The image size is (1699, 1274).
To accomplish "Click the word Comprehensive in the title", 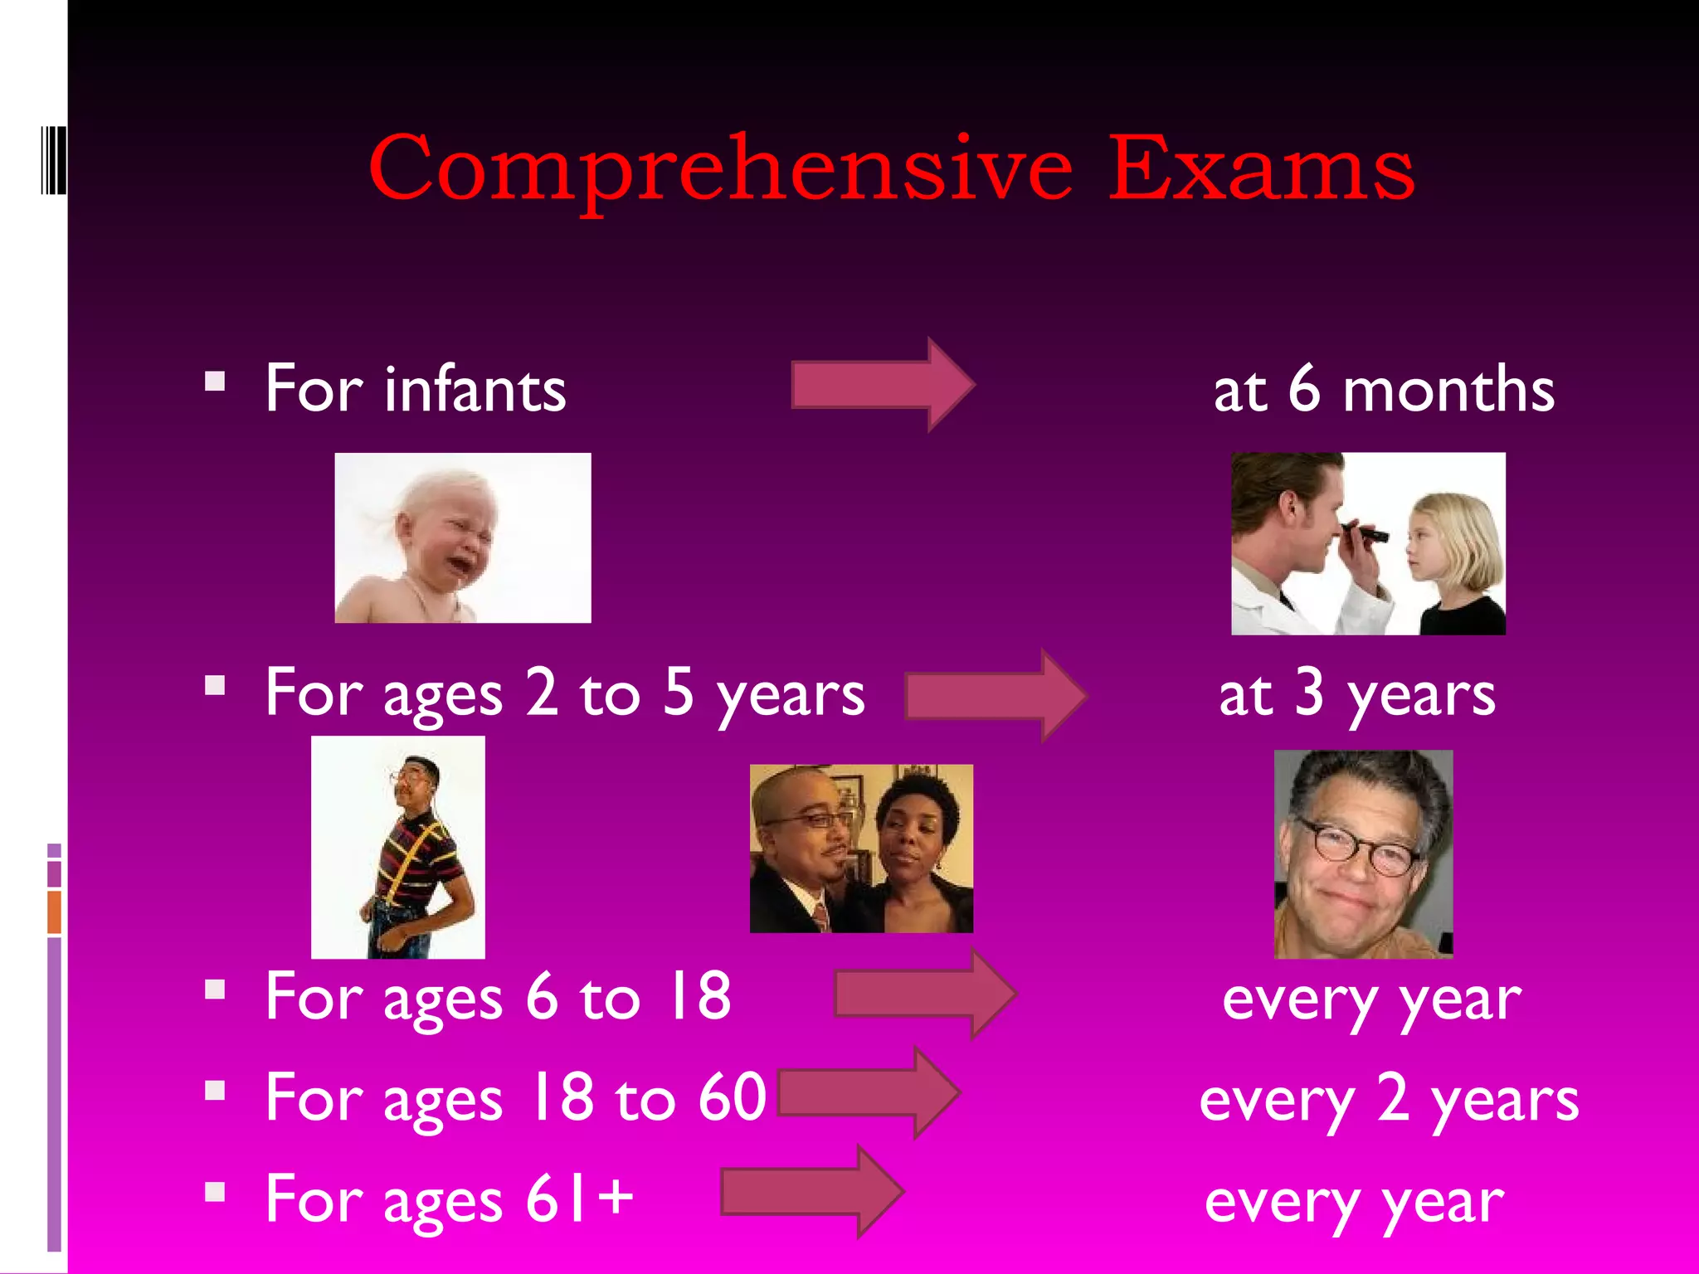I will point(720,169).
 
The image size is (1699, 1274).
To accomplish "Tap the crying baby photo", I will point(463,537).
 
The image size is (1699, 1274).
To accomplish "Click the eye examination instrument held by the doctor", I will point(1366,532).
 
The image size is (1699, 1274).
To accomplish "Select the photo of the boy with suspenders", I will point(398,848).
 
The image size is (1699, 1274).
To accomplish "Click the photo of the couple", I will point(861,849).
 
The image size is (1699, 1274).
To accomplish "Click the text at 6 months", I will point(1384,390).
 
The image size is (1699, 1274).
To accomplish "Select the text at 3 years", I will point(1357,695).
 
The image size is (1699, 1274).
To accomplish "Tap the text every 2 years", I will point(1389,1100).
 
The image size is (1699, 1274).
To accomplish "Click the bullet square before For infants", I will point(216,382).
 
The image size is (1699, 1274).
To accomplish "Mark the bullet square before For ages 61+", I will point(216,1193).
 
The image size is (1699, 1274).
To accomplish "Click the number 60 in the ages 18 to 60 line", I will point(732,1097).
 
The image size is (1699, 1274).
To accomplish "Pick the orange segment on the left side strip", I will point(55,912).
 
